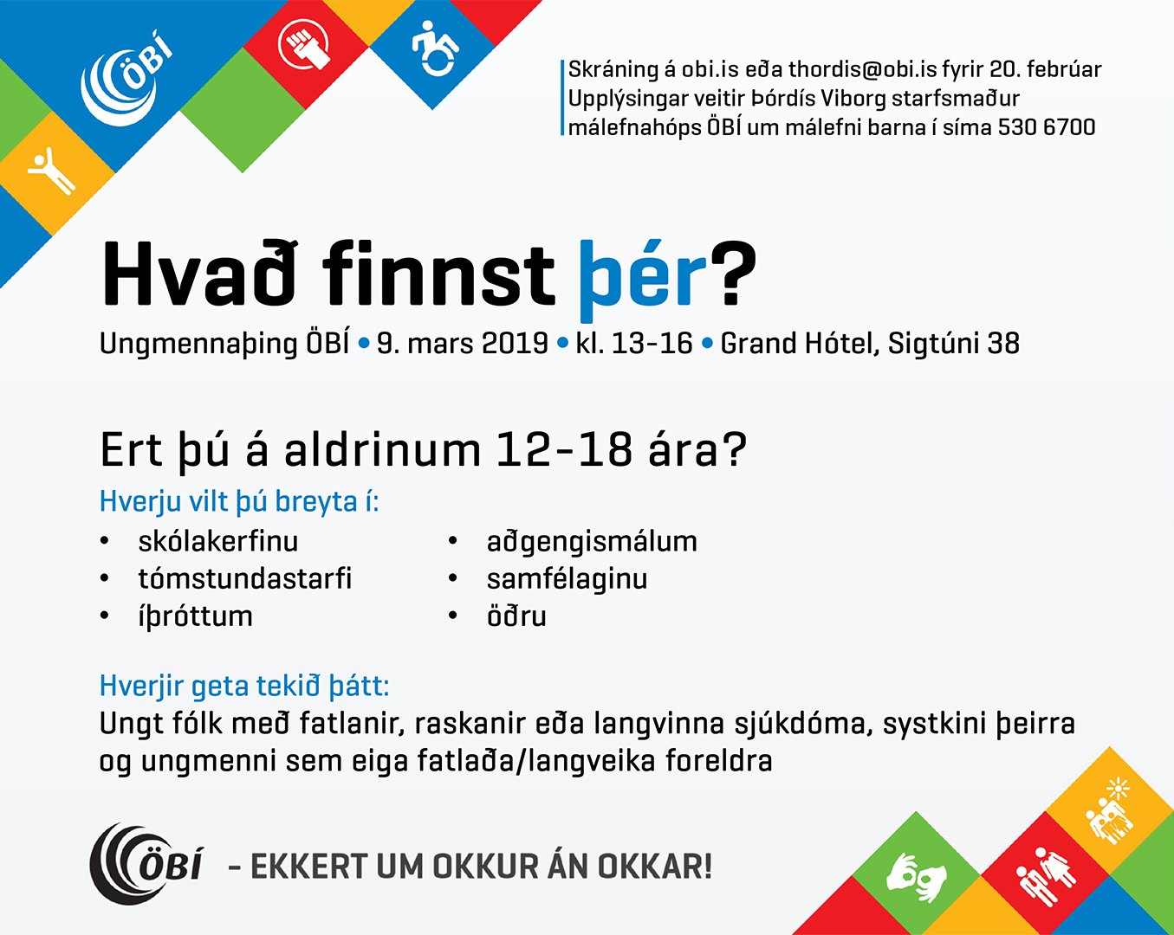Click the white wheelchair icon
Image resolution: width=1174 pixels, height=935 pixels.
pos(434,49)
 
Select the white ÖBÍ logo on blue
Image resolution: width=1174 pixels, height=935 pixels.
pos(126,79)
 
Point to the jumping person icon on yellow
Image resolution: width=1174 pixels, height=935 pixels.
pos(51,170)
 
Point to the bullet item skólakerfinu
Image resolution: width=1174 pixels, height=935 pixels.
pos(218,541)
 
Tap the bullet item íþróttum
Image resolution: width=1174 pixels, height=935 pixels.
pos(195,617)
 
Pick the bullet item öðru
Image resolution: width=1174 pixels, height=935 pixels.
pos(516,616)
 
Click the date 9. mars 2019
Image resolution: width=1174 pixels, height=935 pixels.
pos(463,344)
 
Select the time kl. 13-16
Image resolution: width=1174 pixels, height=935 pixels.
pos(634,344)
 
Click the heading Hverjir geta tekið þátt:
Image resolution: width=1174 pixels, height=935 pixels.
pos(244,687)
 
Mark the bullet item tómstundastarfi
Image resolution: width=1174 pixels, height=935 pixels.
pos(245,579)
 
